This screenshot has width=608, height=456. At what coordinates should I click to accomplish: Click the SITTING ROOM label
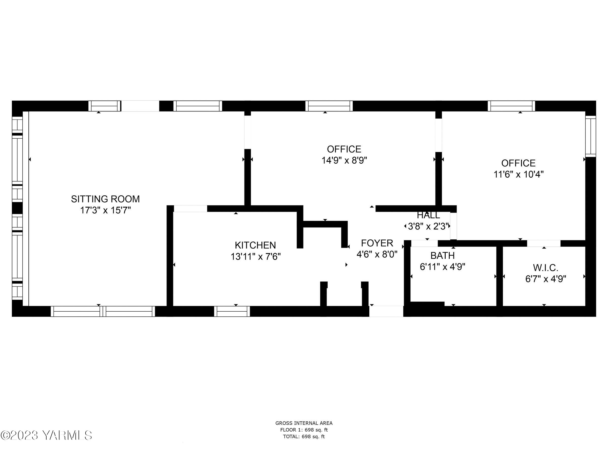coord(105,199)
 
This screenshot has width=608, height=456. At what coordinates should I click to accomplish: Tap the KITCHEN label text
coord(255,245)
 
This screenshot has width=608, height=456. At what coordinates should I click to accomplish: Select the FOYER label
coord(377,243)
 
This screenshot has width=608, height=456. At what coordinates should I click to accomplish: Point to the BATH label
coord(443,255)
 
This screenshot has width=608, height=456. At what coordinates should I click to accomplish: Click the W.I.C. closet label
coord(546,268)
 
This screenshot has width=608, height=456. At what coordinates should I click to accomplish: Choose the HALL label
coord(428,215)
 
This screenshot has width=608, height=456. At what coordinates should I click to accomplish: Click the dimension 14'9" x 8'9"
coord(344,160)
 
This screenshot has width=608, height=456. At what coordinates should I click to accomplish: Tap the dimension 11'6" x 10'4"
coord(519,174)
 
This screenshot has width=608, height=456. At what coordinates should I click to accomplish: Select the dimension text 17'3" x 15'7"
coord(105,210)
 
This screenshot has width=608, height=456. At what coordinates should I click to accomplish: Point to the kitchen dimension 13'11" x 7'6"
coord(256,256)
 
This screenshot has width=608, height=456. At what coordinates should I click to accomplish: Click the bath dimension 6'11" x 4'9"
coord(443,267)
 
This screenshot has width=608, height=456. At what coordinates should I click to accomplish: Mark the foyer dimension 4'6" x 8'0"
coord(377,254)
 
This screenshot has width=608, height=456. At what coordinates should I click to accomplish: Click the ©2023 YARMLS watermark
coord(46,435)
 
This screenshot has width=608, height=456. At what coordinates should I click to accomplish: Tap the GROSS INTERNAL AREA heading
coord(304,423)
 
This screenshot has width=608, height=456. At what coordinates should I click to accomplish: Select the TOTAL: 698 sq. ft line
coord(304,436)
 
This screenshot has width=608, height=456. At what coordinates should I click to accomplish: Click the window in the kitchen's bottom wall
coord(232,311)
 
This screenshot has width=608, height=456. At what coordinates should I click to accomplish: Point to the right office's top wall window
coord(511,106)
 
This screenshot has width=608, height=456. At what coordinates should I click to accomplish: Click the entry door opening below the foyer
coord(386,311)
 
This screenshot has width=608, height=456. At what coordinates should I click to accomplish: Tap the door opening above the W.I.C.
coord(544,243)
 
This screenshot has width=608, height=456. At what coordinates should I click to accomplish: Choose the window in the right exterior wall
coord(591,136)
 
